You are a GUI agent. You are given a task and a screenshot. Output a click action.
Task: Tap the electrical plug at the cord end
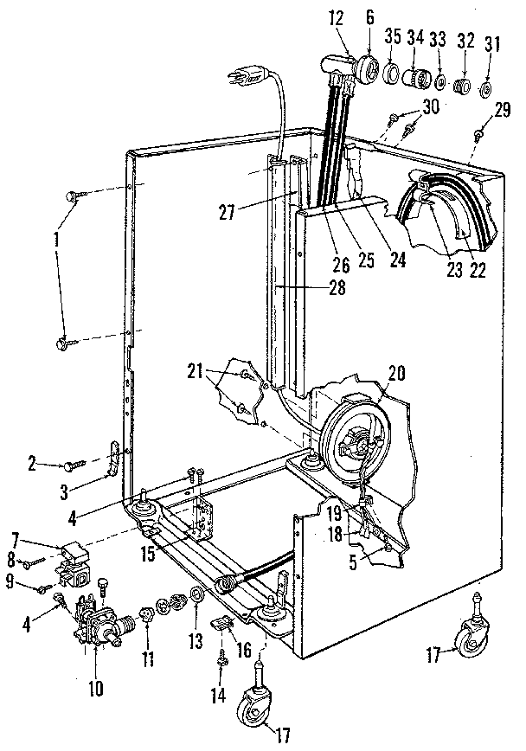[x=248, y=79]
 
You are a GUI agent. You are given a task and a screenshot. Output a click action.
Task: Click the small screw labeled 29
[x=478, y=133]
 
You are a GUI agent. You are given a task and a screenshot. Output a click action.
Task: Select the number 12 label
[x=334, y=18]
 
